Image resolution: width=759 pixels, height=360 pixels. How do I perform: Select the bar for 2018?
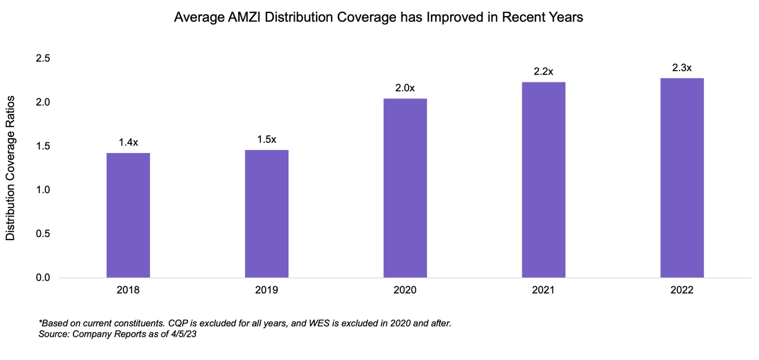(128, 215)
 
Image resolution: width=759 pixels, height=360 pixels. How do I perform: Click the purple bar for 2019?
(266, 214)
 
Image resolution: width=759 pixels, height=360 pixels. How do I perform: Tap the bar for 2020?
(405, 188)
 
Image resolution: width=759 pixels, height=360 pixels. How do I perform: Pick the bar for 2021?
(543, 180)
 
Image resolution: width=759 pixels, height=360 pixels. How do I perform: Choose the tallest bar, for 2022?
(682, 178)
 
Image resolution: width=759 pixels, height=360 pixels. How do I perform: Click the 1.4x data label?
(128, 142)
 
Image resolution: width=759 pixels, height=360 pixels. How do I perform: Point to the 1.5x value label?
(266, 139)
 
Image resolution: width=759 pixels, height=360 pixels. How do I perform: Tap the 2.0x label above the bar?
(405, 88)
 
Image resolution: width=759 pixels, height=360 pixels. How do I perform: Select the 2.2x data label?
(543, 72)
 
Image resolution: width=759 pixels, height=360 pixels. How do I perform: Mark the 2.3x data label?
(682, 68)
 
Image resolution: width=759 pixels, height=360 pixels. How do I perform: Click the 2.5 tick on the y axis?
(43, 59)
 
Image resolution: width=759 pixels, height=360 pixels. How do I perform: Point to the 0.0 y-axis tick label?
(43, 278)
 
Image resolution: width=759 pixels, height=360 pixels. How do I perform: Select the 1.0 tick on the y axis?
(43, 190)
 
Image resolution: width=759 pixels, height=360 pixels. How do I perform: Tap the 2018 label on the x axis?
(128, 291)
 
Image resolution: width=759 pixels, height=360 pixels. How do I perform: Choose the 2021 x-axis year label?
(543, 291)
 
